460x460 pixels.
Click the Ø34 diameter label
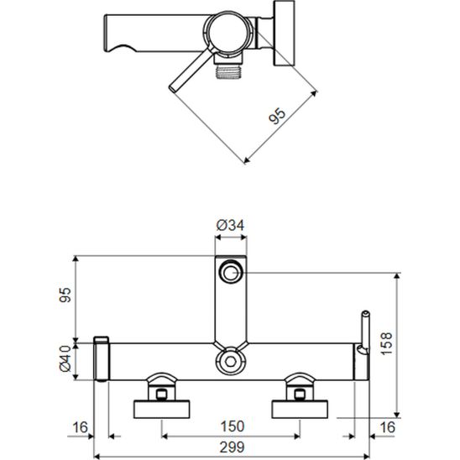[230, 226]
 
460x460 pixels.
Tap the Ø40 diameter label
[65, 358]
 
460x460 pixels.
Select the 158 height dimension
[386, 343]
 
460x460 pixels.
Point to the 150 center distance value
[232, 426]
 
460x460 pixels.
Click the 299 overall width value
[232, 447]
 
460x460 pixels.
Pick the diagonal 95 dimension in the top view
[277, 116]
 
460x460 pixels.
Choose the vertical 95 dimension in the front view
[65, 295]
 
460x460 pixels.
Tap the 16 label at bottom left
[80, 427]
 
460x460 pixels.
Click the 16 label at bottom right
[388, 427]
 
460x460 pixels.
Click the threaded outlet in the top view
[229, 72]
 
